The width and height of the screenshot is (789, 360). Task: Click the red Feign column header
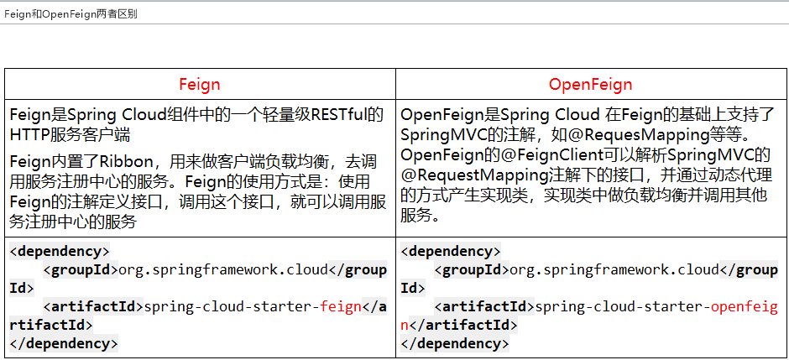(x=200, y=85)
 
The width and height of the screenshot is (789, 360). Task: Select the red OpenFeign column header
(x=591, y=85)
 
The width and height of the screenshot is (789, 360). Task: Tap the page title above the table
(x=71, y=14)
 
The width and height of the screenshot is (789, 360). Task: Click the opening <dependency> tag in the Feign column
(x=59, y=251)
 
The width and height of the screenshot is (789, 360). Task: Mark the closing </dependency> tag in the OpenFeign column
(x=454, y=343)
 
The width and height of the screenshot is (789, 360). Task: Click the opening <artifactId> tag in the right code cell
(x=484, y=306)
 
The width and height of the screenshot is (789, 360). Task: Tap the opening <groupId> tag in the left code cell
(x=81, y=269)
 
